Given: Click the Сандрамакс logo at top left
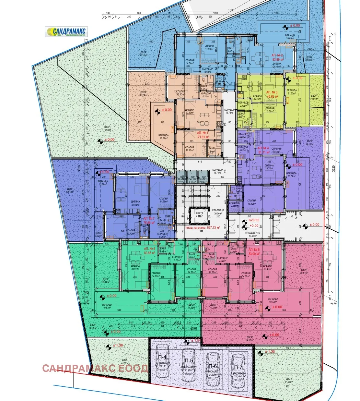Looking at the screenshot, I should (66, 32).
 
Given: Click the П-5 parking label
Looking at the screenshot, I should (189, 361).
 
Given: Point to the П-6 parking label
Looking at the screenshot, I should (213, 366).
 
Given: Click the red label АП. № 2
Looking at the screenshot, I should (277, 55).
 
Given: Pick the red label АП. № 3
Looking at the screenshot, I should (272, 92).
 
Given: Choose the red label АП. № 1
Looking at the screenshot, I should (203, 133).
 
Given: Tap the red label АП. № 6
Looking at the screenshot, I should (150, 249).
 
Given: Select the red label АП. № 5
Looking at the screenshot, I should (254, 250).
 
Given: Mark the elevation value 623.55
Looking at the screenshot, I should (254, 220).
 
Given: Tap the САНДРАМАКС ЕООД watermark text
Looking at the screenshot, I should (95, 368).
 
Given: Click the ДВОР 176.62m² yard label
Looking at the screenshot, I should (106, 128).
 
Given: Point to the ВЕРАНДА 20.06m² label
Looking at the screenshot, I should (290, 37).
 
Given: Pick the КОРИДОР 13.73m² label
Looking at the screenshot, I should (229, 111).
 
